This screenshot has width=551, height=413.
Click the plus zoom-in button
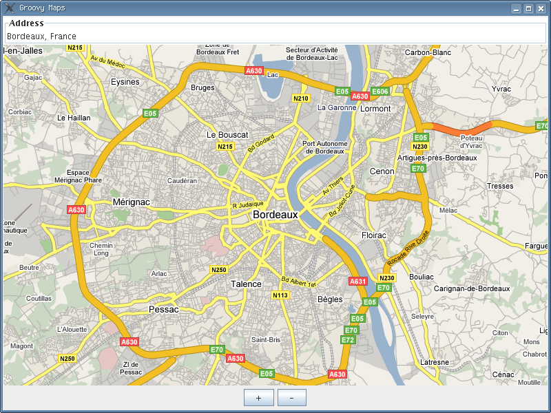click(x=258, y=398)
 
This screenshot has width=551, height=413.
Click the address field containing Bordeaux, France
click(x=275, y=36)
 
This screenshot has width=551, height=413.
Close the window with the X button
click(x=541, y=8)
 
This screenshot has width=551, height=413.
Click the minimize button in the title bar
click(x=516, y=8)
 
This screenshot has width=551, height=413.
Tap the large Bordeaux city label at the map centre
click(x=275, y=215)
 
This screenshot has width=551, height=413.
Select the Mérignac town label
click(x=131, y=202)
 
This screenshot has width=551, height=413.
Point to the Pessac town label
click(x=163, y=310)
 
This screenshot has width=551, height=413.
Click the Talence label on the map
click(x=246, y=284)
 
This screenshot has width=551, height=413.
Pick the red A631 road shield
click(x=358, y=281)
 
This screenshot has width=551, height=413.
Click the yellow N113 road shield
click(x=280, y=295)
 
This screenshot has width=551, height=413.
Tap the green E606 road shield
click(x=380, y=91)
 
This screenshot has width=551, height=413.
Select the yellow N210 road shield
click(x=301, y=98)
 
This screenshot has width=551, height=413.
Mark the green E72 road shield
click(x=348, y=340)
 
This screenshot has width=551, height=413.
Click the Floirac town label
click(x=374, y=235)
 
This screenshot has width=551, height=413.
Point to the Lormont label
click(x=375, y=108)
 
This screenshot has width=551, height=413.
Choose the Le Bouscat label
click(x=227, y=135)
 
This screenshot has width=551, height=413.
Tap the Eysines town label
click(x=125, y=82)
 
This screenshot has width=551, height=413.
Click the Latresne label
click(x=434, y=362)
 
